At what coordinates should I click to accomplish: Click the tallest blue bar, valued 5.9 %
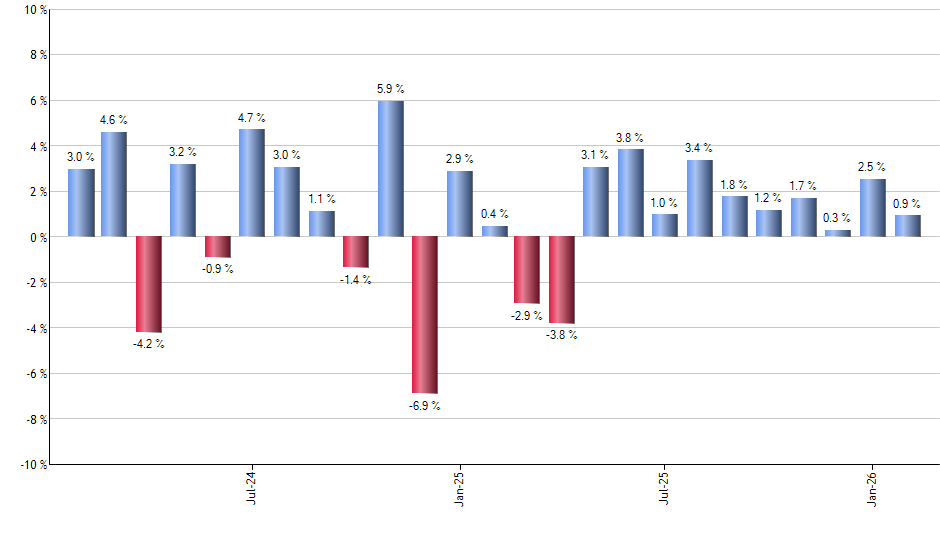click(x=391, y=168)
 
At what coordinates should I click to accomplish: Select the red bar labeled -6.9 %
click(x=425, y=314)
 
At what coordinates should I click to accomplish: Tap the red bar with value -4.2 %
click(x=149, y=284)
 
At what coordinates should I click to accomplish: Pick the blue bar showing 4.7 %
click(x=252, y=183)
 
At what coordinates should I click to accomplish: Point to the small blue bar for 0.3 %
click(x=838, y=233)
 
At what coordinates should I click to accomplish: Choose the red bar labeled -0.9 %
click(x=218, y=247)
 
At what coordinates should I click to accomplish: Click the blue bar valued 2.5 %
click(x=873, y=208)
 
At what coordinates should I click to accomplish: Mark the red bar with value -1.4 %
click(x=356, y=252)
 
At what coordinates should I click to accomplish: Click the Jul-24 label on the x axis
click(x=250, y=487)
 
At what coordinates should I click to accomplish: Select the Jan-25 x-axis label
click(x=459, y=487)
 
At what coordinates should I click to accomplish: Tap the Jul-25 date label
click(x=665, y=487)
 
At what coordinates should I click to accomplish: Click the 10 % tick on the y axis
click(x=34, y=10)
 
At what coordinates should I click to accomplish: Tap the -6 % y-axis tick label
click(x=34, y=373)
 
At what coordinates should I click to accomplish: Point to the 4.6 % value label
click(x=113, y=120)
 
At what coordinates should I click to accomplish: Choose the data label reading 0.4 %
click(x=494, y=214)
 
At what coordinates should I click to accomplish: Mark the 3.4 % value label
click(x=699, y=148)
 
